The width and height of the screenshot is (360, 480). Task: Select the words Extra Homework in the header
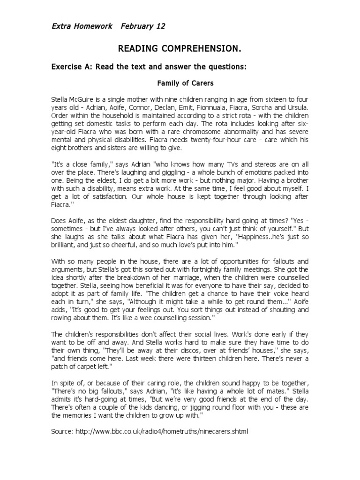pos(82,26)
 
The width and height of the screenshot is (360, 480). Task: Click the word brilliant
pos(66,246)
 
